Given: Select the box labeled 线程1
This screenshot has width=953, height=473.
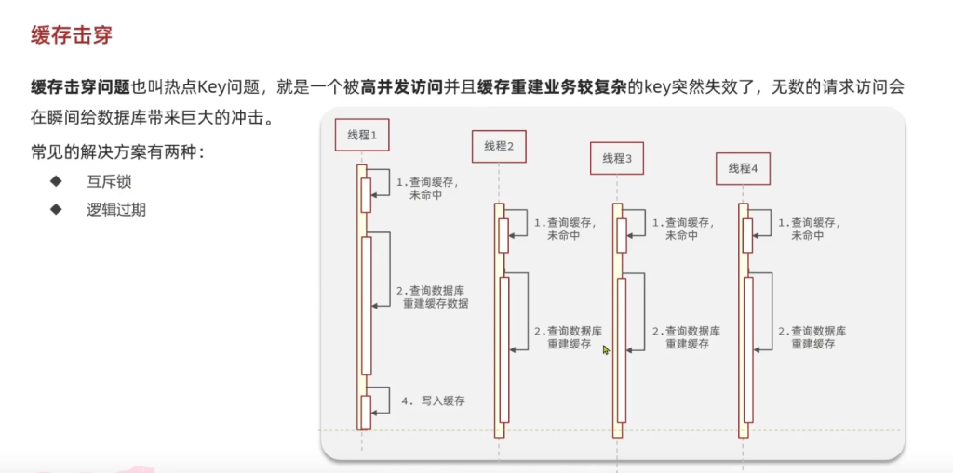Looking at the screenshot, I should pyautogui.click(x=361, y=136).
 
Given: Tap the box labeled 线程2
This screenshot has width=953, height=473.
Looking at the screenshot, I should pyautogui.click(x=499, y=146).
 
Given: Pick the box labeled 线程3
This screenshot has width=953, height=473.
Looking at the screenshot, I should pyautogui.click(x=616, y=158).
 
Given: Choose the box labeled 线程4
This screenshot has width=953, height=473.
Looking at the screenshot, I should pyautogui.click(x=743, y=168).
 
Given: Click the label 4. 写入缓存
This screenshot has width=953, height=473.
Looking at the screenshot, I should pyautogui.click(x=433, y=401).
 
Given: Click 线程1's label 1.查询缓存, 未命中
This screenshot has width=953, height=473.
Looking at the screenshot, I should pyautogui.click(x=427, y=189).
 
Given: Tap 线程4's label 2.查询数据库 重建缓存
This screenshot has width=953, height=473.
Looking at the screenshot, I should pyautogui.click(x=812, y=337).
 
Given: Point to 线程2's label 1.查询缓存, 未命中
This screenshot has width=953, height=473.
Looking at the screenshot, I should pyautogui.click(x=565, y=229).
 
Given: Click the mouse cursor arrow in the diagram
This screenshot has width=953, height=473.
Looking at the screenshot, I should pyautogui.click(x=606, y=350).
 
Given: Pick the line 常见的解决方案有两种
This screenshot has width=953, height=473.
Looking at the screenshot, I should pyautogui.click(x=116, y=151).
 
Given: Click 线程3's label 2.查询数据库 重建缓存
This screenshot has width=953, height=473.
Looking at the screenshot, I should pyautogui.click(x=686, y=337).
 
